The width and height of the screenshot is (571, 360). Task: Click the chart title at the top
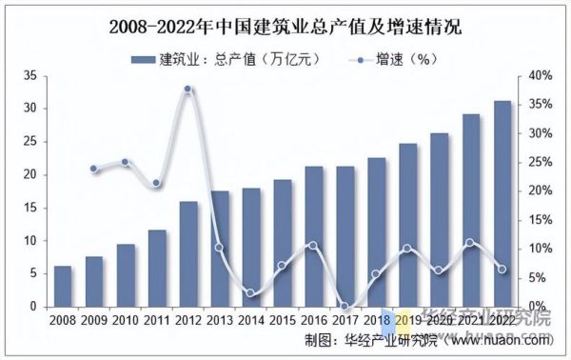pyautogui.click(x=285, y=26)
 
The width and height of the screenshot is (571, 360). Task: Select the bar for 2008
pyautogui.click(x=63, y=287)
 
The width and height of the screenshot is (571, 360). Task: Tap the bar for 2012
pyautogui.click(x=188, y=254)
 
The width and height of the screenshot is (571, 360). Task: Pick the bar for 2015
pyautogui.click(x=283, y=244)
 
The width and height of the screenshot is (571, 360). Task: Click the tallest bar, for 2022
pyautogui.click(x=502, y=204)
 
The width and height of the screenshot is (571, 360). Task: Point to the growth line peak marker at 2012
pyautogui.click(x=188, y=90)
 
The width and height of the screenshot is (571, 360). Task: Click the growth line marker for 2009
pyautogui.click(x=94, y=169)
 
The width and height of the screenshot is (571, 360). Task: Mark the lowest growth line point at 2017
pyautogui.click(x=345, y=307)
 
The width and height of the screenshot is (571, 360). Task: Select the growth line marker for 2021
pyautogui.click(x=470, y=243)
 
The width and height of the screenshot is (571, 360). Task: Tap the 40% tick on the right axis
pyautogui.click(x=540, y=75)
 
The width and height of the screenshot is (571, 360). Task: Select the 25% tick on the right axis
pyautogui.click(x=540, y=162)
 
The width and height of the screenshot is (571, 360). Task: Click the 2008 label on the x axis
pyautogui.click(x=63, y=321)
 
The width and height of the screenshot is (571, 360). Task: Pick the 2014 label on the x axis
pyautogui.click(x=251, y=321)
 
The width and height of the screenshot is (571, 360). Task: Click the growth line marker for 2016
pyautogui.click(x=314, y=246)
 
